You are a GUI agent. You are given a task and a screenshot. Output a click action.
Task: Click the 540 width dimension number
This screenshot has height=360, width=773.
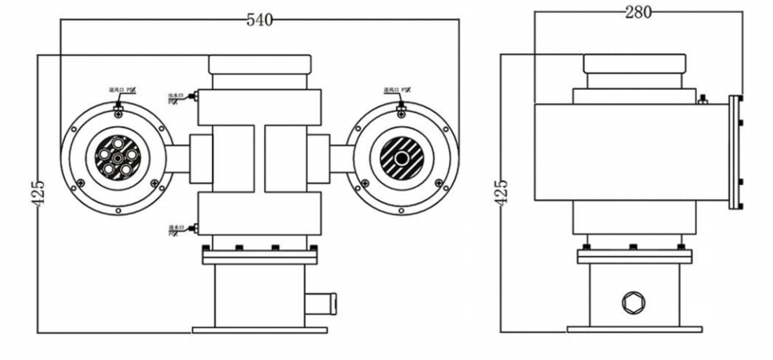point(259,20)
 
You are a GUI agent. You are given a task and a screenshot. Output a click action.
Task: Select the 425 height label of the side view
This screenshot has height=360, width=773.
point(502,193)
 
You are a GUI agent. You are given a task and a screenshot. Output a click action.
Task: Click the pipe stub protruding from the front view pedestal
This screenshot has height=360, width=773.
point(323,303)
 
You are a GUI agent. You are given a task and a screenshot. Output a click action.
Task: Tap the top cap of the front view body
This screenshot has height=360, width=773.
point(259,64)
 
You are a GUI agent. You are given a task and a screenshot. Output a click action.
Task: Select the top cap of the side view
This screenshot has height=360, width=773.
point(635,63)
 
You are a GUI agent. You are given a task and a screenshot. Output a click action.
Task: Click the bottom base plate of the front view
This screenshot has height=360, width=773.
point(259,330)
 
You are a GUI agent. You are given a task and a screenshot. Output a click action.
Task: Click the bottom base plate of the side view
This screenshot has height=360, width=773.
point(635,329)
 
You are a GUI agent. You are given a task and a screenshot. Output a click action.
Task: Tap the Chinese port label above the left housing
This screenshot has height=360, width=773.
point(121,91)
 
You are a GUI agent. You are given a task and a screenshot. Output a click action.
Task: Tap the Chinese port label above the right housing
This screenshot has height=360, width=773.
point(397,90)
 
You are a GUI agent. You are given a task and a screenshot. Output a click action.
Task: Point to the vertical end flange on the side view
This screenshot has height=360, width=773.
point(735,152)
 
